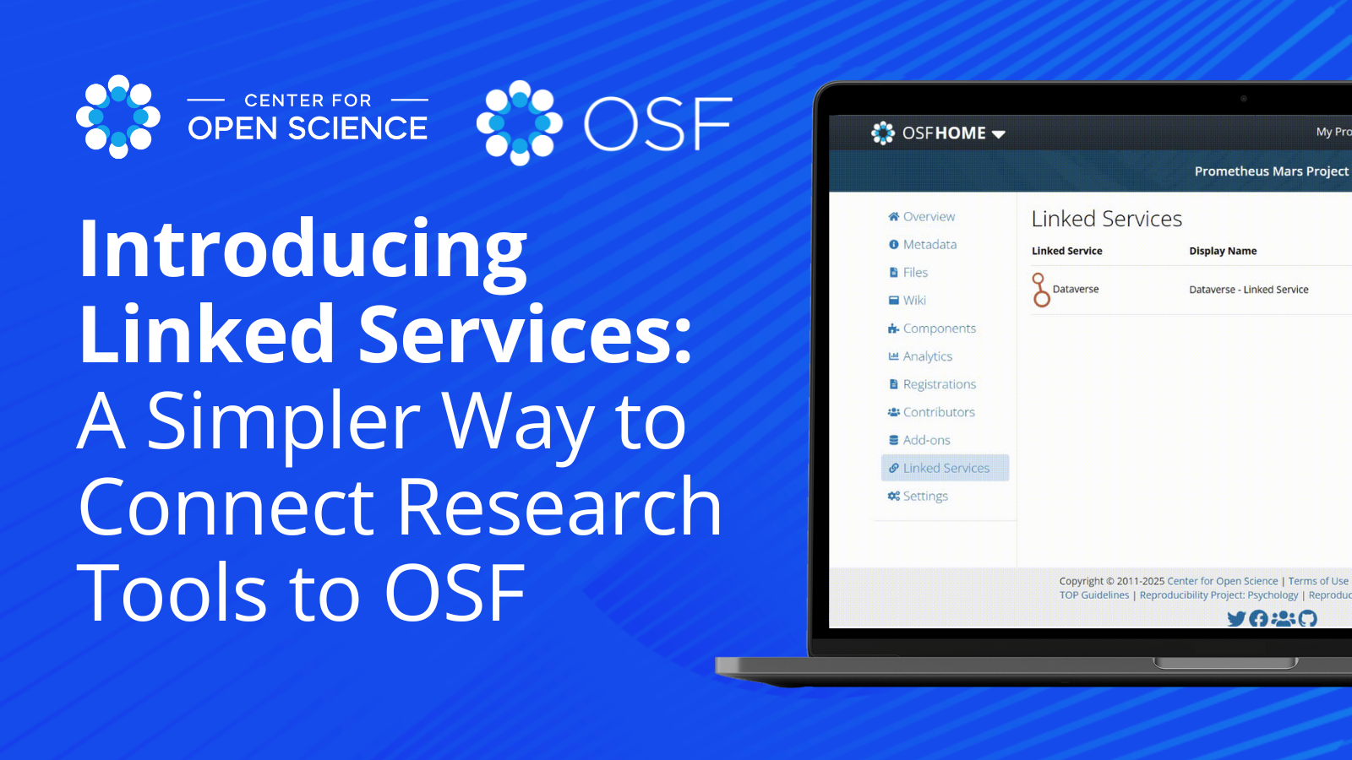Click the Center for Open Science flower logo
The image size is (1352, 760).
tap(118, 117)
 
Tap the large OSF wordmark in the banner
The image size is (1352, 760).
tap(657, 123)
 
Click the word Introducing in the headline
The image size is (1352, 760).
tap(303, 250)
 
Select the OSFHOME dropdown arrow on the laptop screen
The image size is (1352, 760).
tap(999, 134)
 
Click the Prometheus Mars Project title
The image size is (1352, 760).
tap(1271, 171)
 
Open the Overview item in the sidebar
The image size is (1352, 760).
tap(929, 216)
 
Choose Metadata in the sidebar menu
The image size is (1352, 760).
tap(929, 244)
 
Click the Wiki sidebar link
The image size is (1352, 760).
tap(914, 300)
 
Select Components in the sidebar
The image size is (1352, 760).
tap(939, 328)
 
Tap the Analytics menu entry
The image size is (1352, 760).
tap(927, 356)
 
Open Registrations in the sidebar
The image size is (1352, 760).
tap(939, 384)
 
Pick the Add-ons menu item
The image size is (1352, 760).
tap(926, 440)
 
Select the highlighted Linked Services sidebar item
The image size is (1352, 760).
tap(946, 468)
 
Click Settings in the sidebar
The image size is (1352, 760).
tap(925, 496)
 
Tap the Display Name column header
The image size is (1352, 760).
tap(1223, 251)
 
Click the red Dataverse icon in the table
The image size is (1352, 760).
tap(1041, 290)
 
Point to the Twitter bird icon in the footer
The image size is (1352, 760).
tap(1236, 619)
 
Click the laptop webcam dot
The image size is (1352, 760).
tap(1243, 98)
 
